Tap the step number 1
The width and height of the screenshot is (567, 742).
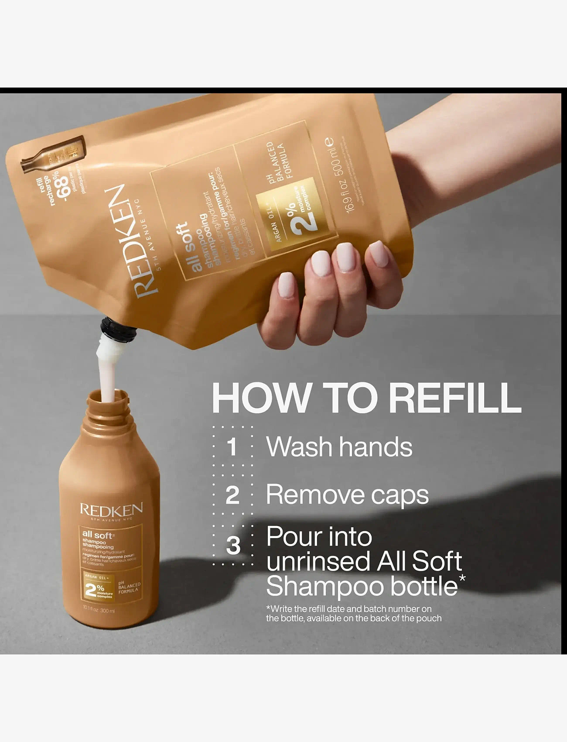tap(232, 447)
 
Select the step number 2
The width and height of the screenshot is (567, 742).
tap(232, 496)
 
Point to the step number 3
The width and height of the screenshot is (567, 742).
tap(233, 546)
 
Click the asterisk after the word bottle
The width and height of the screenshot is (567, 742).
tap(462, 579)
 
